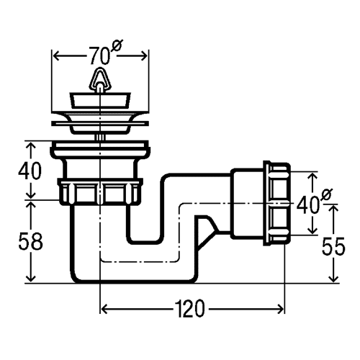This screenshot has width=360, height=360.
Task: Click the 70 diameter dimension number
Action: [x=99, y=56]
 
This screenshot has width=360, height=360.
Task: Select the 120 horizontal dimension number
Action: [x=189, y=309]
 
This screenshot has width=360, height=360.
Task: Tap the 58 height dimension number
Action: [x=30, y=241]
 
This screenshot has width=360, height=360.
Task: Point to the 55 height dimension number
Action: [x=333, y=246]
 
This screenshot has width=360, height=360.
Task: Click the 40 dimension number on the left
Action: [x=30, y=171]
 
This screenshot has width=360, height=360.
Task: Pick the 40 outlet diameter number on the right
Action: [x=307, y=204]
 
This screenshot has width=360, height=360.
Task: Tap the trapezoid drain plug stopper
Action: [x=100, y=100]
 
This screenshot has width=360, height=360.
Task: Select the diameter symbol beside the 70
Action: [x=117, y=46]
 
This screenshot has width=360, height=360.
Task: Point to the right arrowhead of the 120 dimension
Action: [x=280, y=309]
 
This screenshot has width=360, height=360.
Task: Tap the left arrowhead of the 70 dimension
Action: [x=56, y=56]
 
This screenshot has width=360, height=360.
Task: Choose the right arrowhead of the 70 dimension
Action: [x=144, y=56]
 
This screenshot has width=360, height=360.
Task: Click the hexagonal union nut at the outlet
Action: [x=277, y=203]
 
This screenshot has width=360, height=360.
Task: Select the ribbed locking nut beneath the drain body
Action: [x=100, y=192]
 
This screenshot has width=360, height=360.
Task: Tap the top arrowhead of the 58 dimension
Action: [x=31, y=204]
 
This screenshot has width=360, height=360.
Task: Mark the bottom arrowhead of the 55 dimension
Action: [x=333, y=279]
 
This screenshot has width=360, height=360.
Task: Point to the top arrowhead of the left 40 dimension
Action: [x=31, y=145]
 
